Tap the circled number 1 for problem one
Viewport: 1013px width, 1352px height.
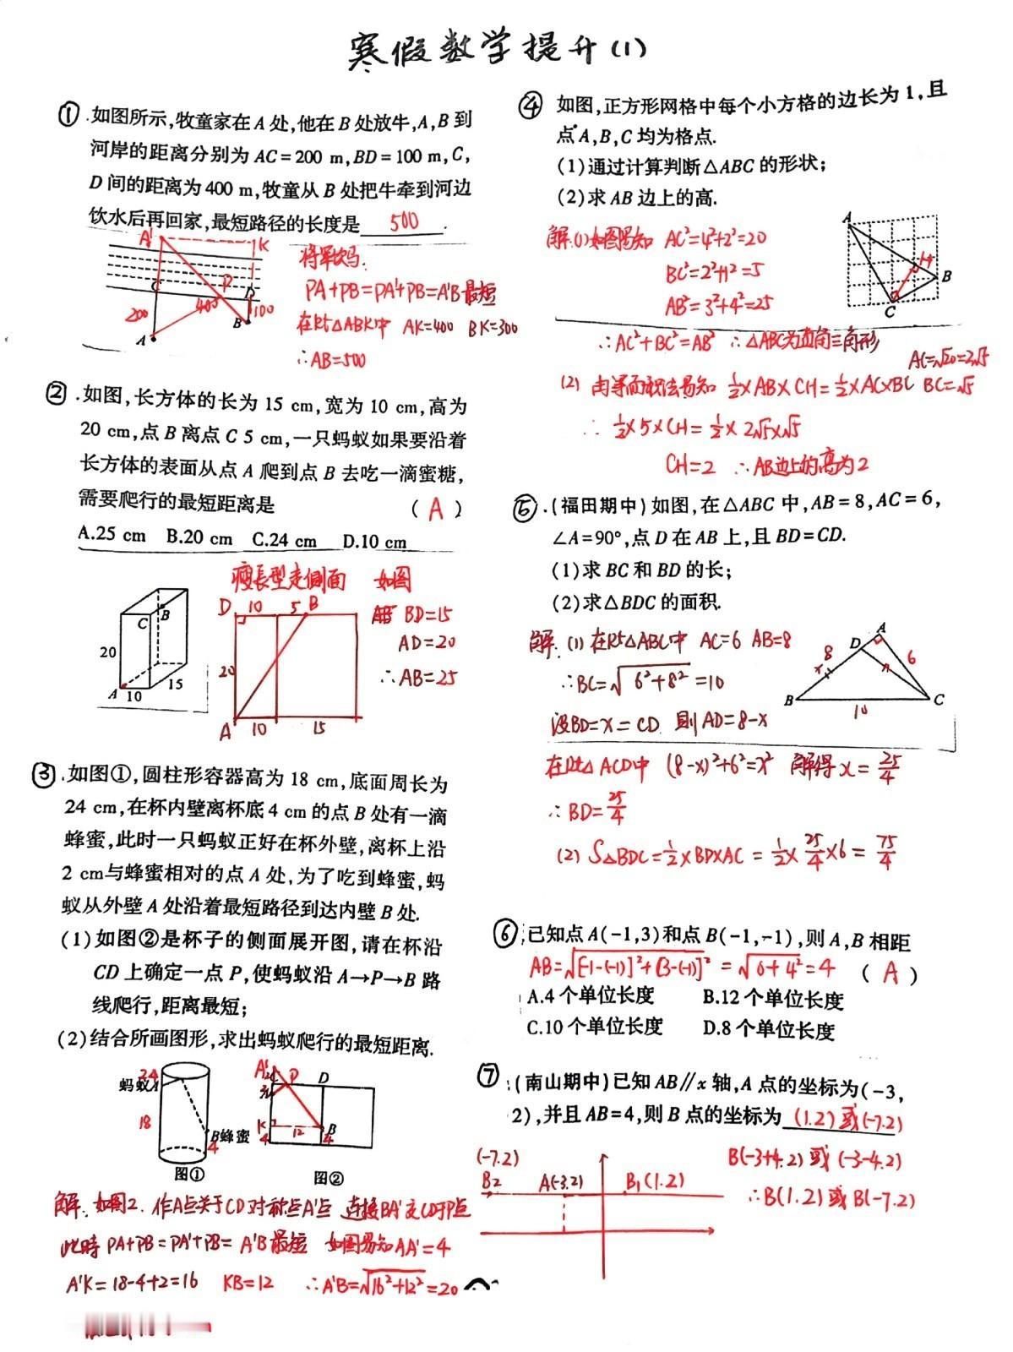tap(69, 116)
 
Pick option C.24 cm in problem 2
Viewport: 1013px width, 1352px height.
tap(285, 539)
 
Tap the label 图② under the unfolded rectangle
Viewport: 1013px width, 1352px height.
tap(329, 1177)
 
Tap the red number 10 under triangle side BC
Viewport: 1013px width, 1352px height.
tap(859, 712)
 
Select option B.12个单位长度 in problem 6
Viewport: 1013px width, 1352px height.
tap(772, 1000)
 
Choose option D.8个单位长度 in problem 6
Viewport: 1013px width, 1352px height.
tap(768, 1030)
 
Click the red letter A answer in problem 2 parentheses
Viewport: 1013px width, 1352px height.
tap(436, 509)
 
